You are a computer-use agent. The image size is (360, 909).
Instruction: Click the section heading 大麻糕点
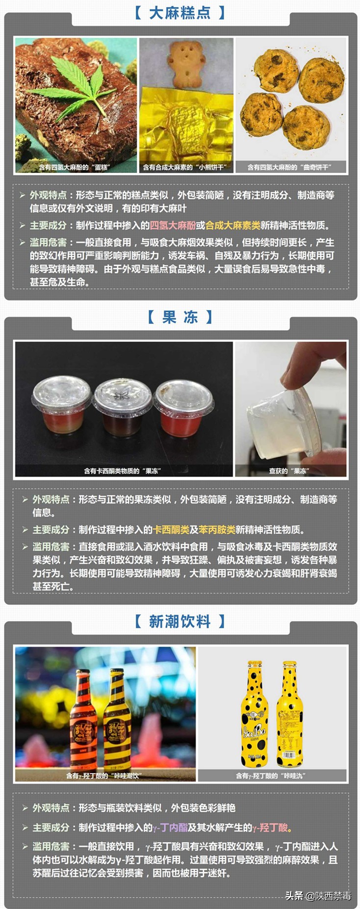[x=180, y=13]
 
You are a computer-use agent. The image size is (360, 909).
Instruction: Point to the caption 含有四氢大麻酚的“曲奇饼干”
[x=289, y=167]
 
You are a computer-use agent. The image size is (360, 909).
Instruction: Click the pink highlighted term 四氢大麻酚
[x=172, y=226]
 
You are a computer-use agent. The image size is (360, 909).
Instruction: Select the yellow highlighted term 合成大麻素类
[x=232, y=226]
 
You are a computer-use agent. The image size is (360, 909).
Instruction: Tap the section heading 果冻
[x=180, y=317]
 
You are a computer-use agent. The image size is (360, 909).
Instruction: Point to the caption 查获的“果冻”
[x=288, y=471]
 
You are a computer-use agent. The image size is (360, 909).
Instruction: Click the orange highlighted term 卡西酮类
[x=171, y=530]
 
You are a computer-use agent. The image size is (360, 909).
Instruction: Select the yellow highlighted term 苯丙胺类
[x=217, y=530]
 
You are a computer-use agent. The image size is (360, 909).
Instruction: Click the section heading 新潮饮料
[x=180, y=622]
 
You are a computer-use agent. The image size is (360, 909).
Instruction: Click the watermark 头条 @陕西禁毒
[x=318, y=896]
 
